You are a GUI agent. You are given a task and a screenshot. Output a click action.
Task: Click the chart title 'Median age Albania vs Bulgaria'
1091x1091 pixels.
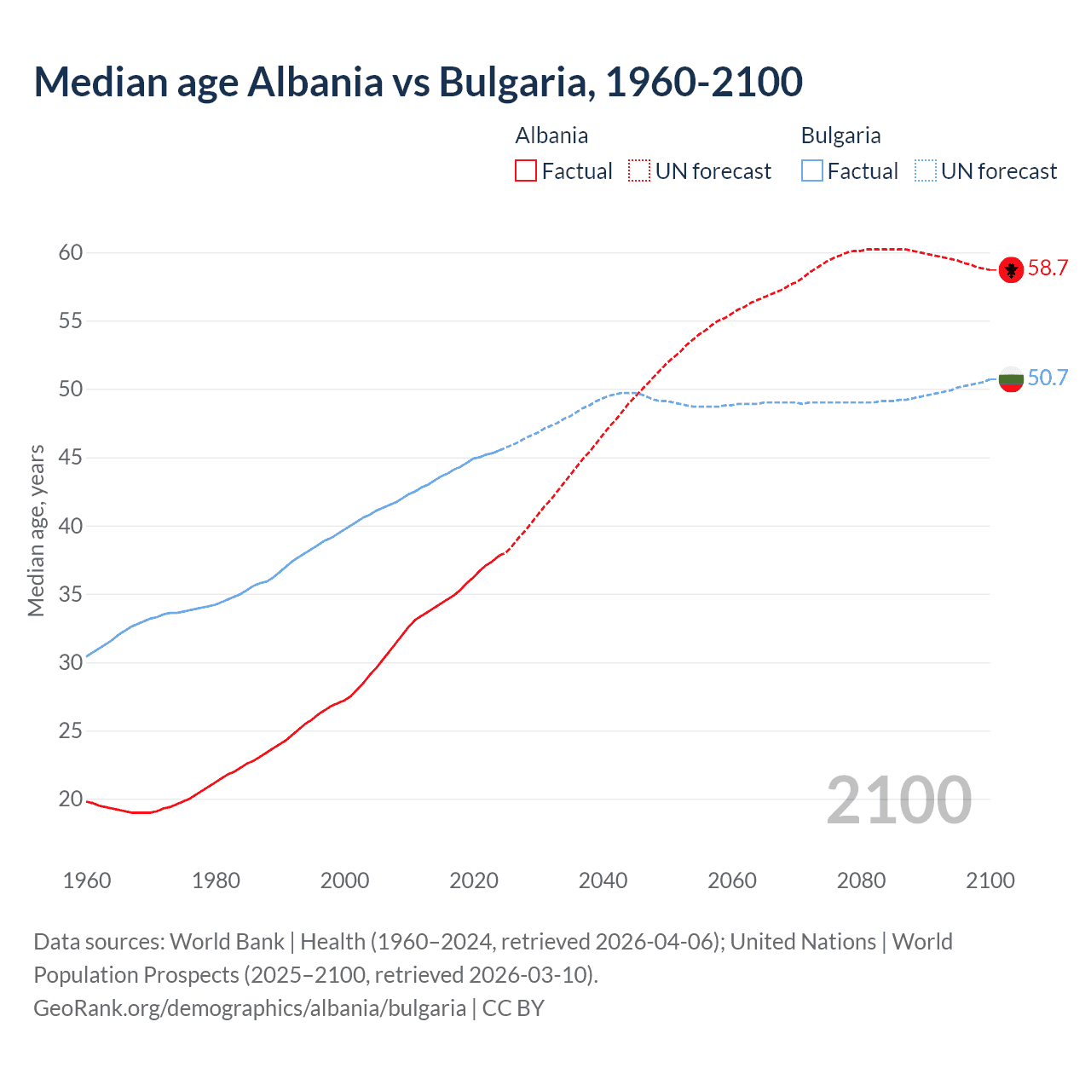418,82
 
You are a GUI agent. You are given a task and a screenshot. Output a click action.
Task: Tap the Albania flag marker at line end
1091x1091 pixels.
1011,269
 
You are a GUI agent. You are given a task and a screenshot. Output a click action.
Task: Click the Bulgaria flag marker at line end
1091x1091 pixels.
1011,378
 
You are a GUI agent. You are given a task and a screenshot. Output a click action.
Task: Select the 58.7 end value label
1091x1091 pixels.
1048,268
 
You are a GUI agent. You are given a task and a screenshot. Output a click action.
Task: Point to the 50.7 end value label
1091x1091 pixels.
1048,378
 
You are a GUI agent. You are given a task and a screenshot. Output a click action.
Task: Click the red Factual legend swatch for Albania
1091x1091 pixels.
526,171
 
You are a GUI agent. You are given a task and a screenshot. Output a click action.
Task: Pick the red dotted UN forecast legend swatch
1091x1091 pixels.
639,171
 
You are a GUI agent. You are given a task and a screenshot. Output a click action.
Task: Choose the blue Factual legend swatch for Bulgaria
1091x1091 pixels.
812,171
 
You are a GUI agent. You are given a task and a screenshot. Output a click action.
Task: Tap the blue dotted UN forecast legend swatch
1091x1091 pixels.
926,171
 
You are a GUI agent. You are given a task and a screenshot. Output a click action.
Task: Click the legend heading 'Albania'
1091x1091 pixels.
551,136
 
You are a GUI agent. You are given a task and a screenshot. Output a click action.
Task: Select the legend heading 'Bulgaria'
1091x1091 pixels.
840,136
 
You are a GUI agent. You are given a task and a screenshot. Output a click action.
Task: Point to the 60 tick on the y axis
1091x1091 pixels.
71,252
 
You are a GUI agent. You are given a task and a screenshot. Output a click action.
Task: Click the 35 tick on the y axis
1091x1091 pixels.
71,594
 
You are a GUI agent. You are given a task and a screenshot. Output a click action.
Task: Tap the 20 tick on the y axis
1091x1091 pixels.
71,799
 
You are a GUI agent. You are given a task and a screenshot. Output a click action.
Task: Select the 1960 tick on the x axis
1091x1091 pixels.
87,880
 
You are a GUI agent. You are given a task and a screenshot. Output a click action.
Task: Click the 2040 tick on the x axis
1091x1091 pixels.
603,880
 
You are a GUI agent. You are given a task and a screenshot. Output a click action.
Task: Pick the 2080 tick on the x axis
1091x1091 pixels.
861,880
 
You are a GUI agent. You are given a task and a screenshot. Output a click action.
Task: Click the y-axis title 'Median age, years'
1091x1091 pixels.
36,530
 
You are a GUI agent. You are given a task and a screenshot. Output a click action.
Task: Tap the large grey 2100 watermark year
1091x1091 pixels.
898,799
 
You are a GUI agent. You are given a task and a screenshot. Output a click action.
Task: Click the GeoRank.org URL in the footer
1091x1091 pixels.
250,1008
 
